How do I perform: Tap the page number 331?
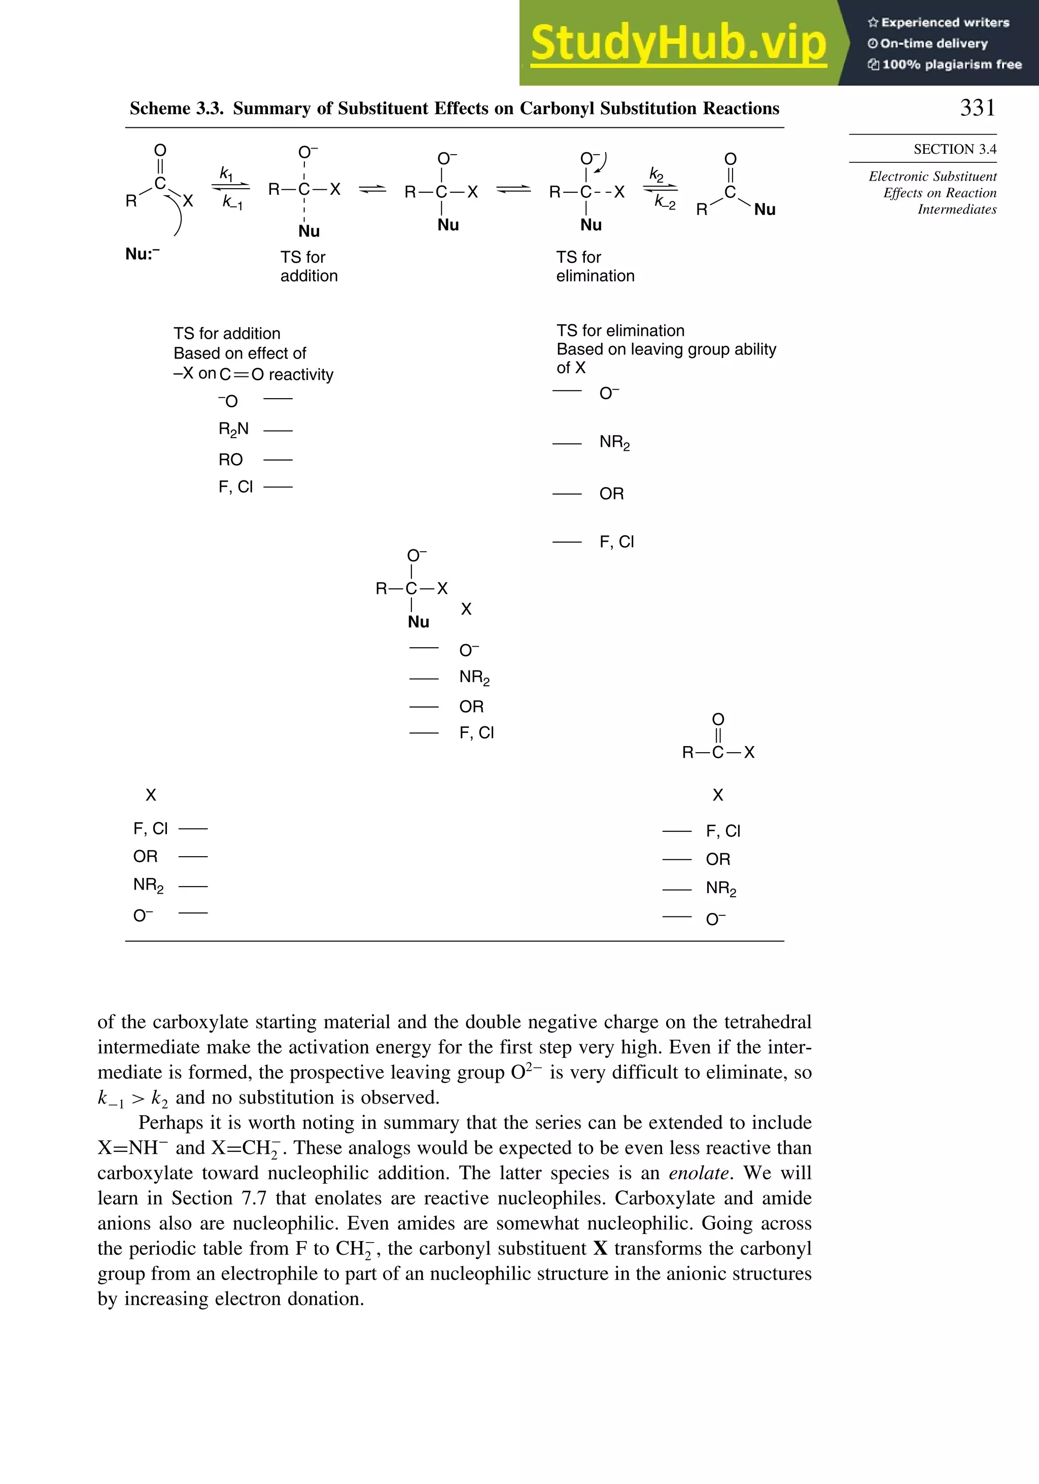(x=977, y=108)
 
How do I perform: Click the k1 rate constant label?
(x=226, y=173)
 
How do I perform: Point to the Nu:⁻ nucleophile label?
(x=142, y=254)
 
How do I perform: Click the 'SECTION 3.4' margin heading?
(x=954, y=149)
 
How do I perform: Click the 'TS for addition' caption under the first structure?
(x=308, y=266)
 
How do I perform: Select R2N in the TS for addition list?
(x=233, y=429)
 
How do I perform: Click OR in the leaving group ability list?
(x=611, y=494)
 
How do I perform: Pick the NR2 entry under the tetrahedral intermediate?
(x=474, y=678)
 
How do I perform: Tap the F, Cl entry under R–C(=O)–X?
(x=723, y=831)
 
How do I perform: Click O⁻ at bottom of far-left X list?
(x=143, y=915)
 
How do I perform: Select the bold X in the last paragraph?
(x=600, y=1248)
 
